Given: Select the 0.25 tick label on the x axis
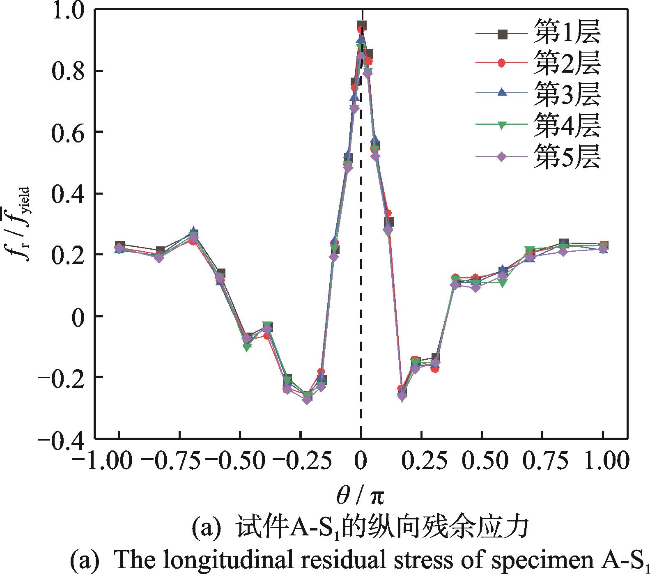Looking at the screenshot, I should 422,461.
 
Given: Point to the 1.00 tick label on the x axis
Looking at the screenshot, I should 603,461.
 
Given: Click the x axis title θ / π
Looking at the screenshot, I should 361,497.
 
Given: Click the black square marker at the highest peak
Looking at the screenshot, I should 362,26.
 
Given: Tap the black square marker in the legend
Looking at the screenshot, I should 502,34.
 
